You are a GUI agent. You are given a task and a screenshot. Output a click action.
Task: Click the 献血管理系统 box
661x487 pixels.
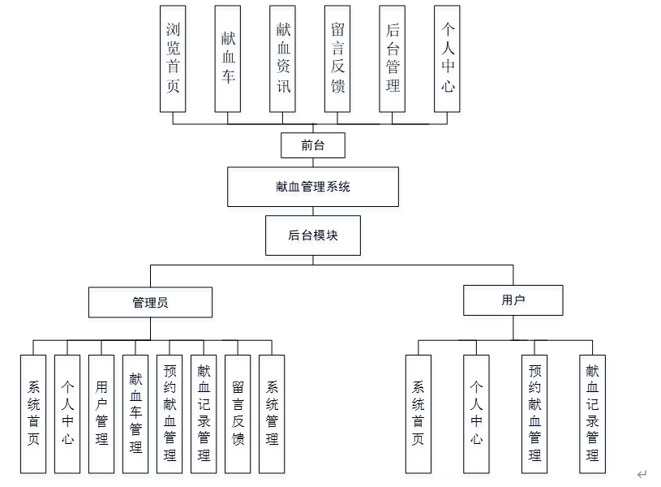coord(313,187)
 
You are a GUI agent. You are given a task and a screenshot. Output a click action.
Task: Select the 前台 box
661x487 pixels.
coord(313,146)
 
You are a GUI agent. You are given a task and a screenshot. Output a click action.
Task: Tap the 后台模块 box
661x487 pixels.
coord(313,235)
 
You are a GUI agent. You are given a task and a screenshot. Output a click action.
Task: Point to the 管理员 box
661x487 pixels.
coord(150,302)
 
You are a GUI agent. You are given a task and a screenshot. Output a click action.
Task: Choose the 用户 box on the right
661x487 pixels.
coord(513,300)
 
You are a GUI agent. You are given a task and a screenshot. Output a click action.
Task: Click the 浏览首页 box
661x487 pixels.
coord(173,58)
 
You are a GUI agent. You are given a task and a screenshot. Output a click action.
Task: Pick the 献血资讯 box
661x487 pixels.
coord(283,58)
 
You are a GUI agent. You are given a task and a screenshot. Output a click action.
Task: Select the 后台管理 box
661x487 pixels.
coord(393,58)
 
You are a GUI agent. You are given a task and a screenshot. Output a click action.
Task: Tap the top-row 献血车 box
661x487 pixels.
coord(228,58)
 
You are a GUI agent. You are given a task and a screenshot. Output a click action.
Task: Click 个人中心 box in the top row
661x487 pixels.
coord(448,58)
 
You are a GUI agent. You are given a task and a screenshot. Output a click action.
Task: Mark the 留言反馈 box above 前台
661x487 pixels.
coord(337,58)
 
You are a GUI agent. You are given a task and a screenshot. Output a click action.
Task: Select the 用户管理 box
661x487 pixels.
coord(101,413)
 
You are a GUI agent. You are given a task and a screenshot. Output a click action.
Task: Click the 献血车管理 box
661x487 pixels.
coord(135,413)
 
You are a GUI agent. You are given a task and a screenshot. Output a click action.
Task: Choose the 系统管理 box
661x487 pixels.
coord(272,413)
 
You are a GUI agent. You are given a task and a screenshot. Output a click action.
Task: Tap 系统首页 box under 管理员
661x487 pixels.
coord(33,413)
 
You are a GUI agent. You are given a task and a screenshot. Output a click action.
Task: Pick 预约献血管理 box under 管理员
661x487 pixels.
coord(170,413)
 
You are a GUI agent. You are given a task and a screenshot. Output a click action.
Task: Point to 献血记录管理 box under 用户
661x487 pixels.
coord(593,413)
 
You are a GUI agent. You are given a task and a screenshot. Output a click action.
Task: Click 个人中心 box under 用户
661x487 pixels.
coord(476,413)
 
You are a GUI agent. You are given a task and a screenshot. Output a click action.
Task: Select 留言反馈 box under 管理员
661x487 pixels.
coord(238,413)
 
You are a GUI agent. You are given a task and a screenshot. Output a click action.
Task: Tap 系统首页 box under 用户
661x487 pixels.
coord(418,413)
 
